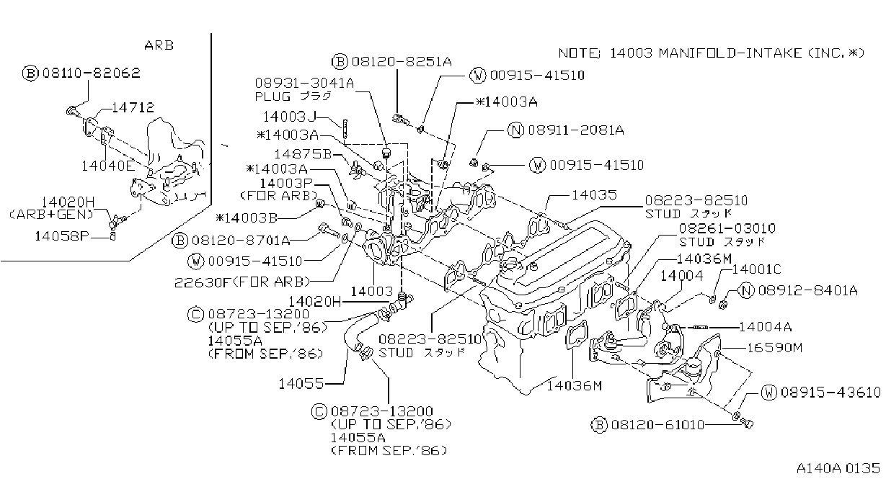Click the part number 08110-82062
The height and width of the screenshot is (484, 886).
[92, 73]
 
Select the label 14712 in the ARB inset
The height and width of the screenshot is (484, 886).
[133, 107]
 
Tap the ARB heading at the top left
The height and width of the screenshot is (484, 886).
[159, 45]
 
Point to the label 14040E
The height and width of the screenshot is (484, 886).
[108, 166]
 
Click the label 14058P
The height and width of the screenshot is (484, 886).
[62, 236]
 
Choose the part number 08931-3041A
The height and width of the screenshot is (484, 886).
[304, 83]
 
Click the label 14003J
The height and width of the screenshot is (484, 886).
[290, 117]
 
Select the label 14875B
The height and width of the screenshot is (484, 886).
[303, 154]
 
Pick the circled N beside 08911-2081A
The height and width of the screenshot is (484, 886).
[515, 130]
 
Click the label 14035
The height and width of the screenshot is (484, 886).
[595, 194]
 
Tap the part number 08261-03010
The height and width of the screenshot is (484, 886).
[727, 228]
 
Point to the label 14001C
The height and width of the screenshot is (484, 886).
[757, 269]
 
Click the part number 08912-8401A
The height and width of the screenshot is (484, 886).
[807, 291]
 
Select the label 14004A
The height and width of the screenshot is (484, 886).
[766, 327]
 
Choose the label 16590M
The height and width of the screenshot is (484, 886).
[774, 348]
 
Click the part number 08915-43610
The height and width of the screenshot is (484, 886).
[830, 393]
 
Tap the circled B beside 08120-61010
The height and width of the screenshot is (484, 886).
[599, 425]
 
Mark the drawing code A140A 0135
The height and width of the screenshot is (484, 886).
[838, 469]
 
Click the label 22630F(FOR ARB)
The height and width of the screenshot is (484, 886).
[242, 282]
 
